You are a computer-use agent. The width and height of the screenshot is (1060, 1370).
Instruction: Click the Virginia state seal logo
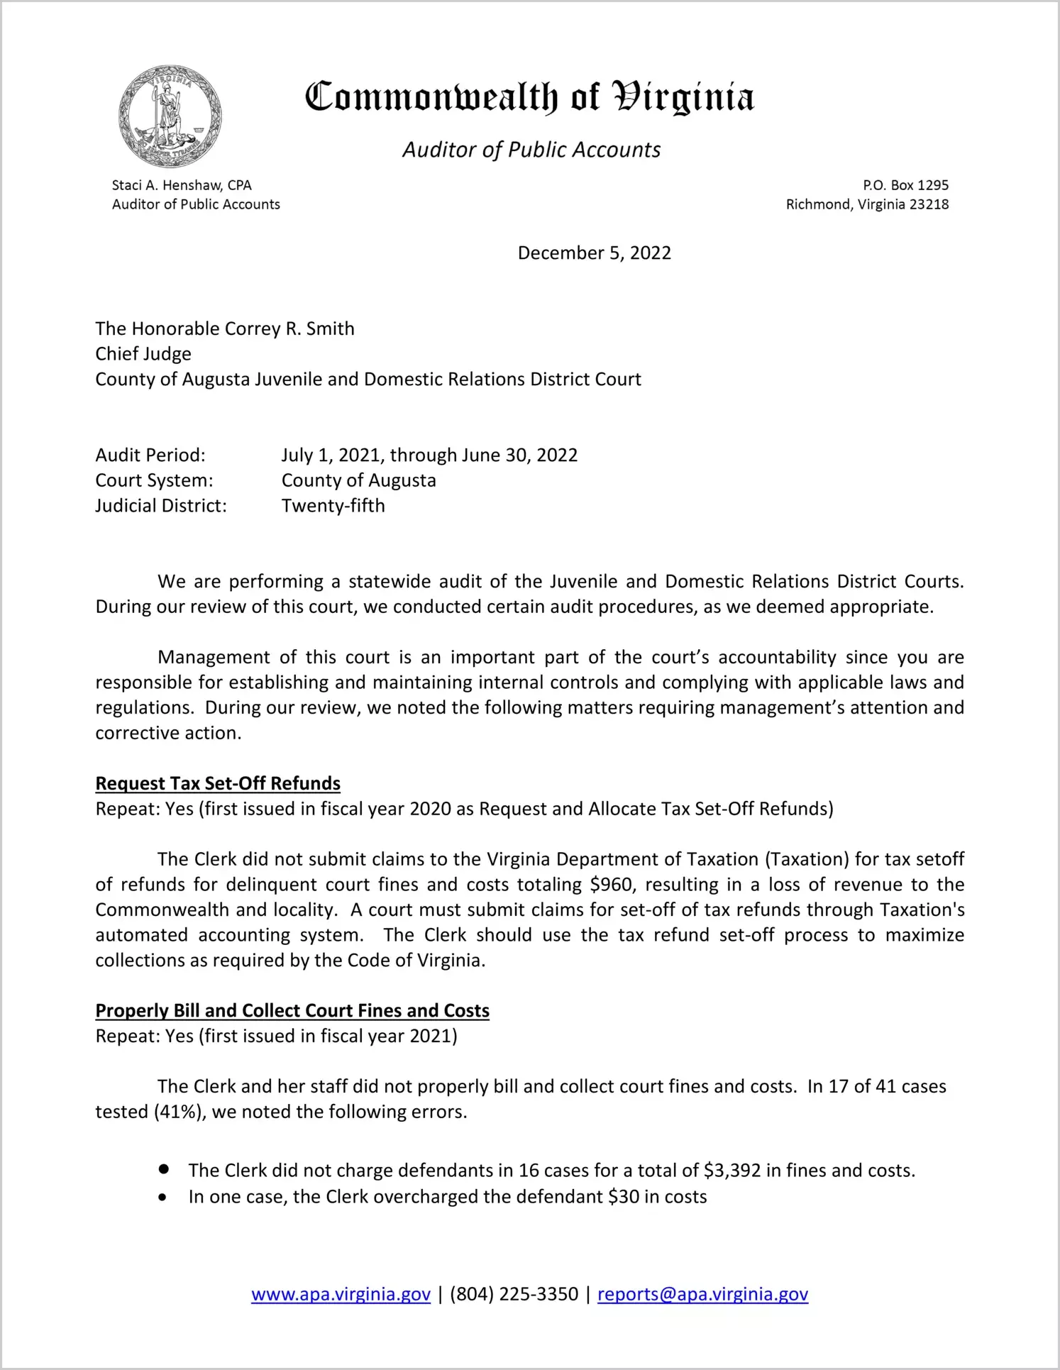[170, 116]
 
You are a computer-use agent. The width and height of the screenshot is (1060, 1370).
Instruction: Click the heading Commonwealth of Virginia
[529, 98]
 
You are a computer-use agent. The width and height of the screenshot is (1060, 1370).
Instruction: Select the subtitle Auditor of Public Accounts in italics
[531, 150]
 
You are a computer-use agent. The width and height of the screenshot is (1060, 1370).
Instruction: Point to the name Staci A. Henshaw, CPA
[182, 185]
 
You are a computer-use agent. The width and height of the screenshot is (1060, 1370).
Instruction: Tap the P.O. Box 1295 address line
[905, 185]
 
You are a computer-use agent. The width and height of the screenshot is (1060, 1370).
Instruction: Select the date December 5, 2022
[594, 253]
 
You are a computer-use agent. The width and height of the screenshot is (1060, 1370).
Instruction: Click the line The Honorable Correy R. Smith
[225, 328]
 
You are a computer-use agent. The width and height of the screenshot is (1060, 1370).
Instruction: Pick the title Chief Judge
[143, 354]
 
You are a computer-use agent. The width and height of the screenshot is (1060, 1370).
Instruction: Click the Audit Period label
[150, 455]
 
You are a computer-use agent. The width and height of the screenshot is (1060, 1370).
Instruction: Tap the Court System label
[154, 480]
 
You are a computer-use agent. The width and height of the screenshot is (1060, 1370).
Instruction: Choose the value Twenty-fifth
[333, 506]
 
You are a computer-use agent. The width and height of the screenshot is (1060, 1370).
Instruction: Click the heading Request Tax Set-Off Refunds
[218, 783]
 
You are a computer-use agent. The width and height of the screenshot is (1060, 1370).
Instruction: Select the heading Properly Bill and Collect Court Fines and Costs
[292, 1010]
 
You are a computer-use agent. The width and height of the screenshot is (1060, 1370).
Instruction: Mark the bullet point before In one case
[163, 1198]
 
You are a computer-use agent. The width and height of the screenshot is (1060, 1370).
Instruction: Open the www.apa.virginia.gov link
[341, 1294]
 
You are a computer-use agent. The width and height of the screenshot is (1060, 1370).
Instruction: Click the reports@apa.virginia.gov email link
[702, 1294]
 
